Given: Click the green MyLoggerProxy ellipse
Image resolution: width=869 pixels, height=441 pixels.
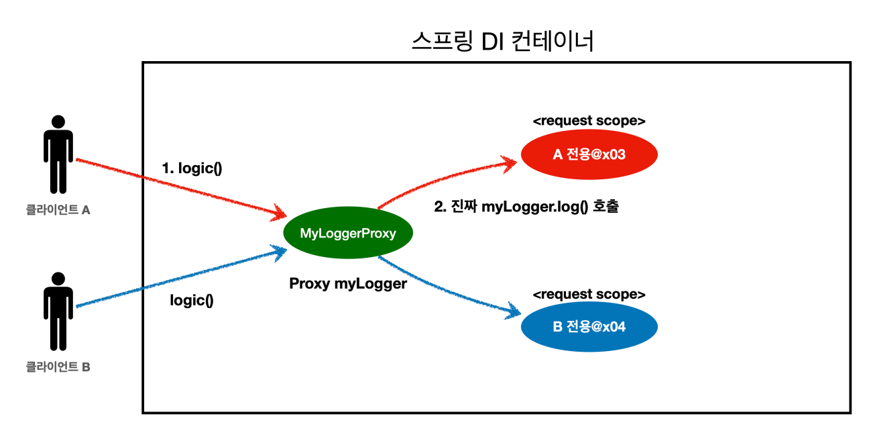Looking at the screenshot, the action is pyautogui.click(x=348, y=232).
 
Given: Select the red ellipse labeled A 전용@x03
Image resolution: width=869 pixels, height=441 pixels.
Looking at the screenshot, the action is pyautogui.click(x=589, y=154).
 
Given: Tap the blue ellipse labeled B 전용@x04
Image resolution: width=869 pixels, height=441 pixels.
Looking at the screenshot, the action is pyautogui.click(x=589, y=326).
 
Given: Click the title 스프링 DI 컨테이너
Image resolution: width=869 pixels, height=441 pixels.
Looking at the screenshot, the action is pyautogui.click(x=503, y=41).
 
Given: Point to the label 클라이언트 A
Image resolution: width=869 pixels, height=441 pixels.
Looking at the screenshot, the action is pyautogui.click(x=58, y=209).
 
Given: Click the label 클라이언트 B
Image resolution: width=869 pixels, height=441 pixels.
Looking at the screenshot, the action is pyautogui.click(x=58, y=366).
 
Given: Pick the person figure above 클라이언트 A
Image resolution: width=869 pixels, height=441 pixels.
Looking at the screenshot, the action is pyautogui.click(x=58, y=154).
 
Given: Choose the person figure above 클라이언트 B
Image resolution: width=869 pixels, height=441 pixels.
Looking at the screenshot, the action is pyautogui.click(x=58, y=311).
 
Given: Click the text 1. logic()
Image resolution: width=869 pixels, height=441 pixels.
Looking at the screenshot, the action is pyautogui.click(x=192, y=168).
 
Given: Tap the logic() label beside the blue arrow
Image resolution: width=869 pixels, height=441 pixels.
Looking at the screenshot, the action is pyautogui.click(x=192, y=301).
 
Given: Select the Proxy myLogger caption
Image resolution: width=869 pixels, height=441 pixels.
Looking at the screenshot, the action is pyautogui.click(x=348, y=284).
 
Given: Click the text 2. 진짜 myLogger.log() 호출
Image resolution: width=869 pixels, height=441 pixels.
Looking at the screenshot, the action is pyautogui.click(x=526, y=207).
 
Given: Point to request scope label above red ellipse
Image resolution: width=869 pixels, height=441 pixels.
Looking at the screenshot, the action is pyautogui.click(x=589, y=121).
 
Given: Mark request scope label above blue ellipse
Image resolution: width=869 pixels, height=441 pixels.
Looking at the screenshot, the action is pyautogui.click(x=589, y=294).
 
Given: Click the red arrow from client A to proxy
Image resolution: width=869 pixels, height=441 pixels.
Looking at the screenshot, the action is pyautogui.click(x=181, y=189).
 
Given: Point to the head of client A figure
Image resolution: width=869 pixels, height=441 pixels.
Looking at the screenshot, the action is pyautogui.click(x=58, y=121).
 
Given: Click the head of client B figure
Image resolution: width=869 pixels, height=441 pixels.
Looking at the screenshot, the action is pyautogui.click(x=58, y=279).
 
